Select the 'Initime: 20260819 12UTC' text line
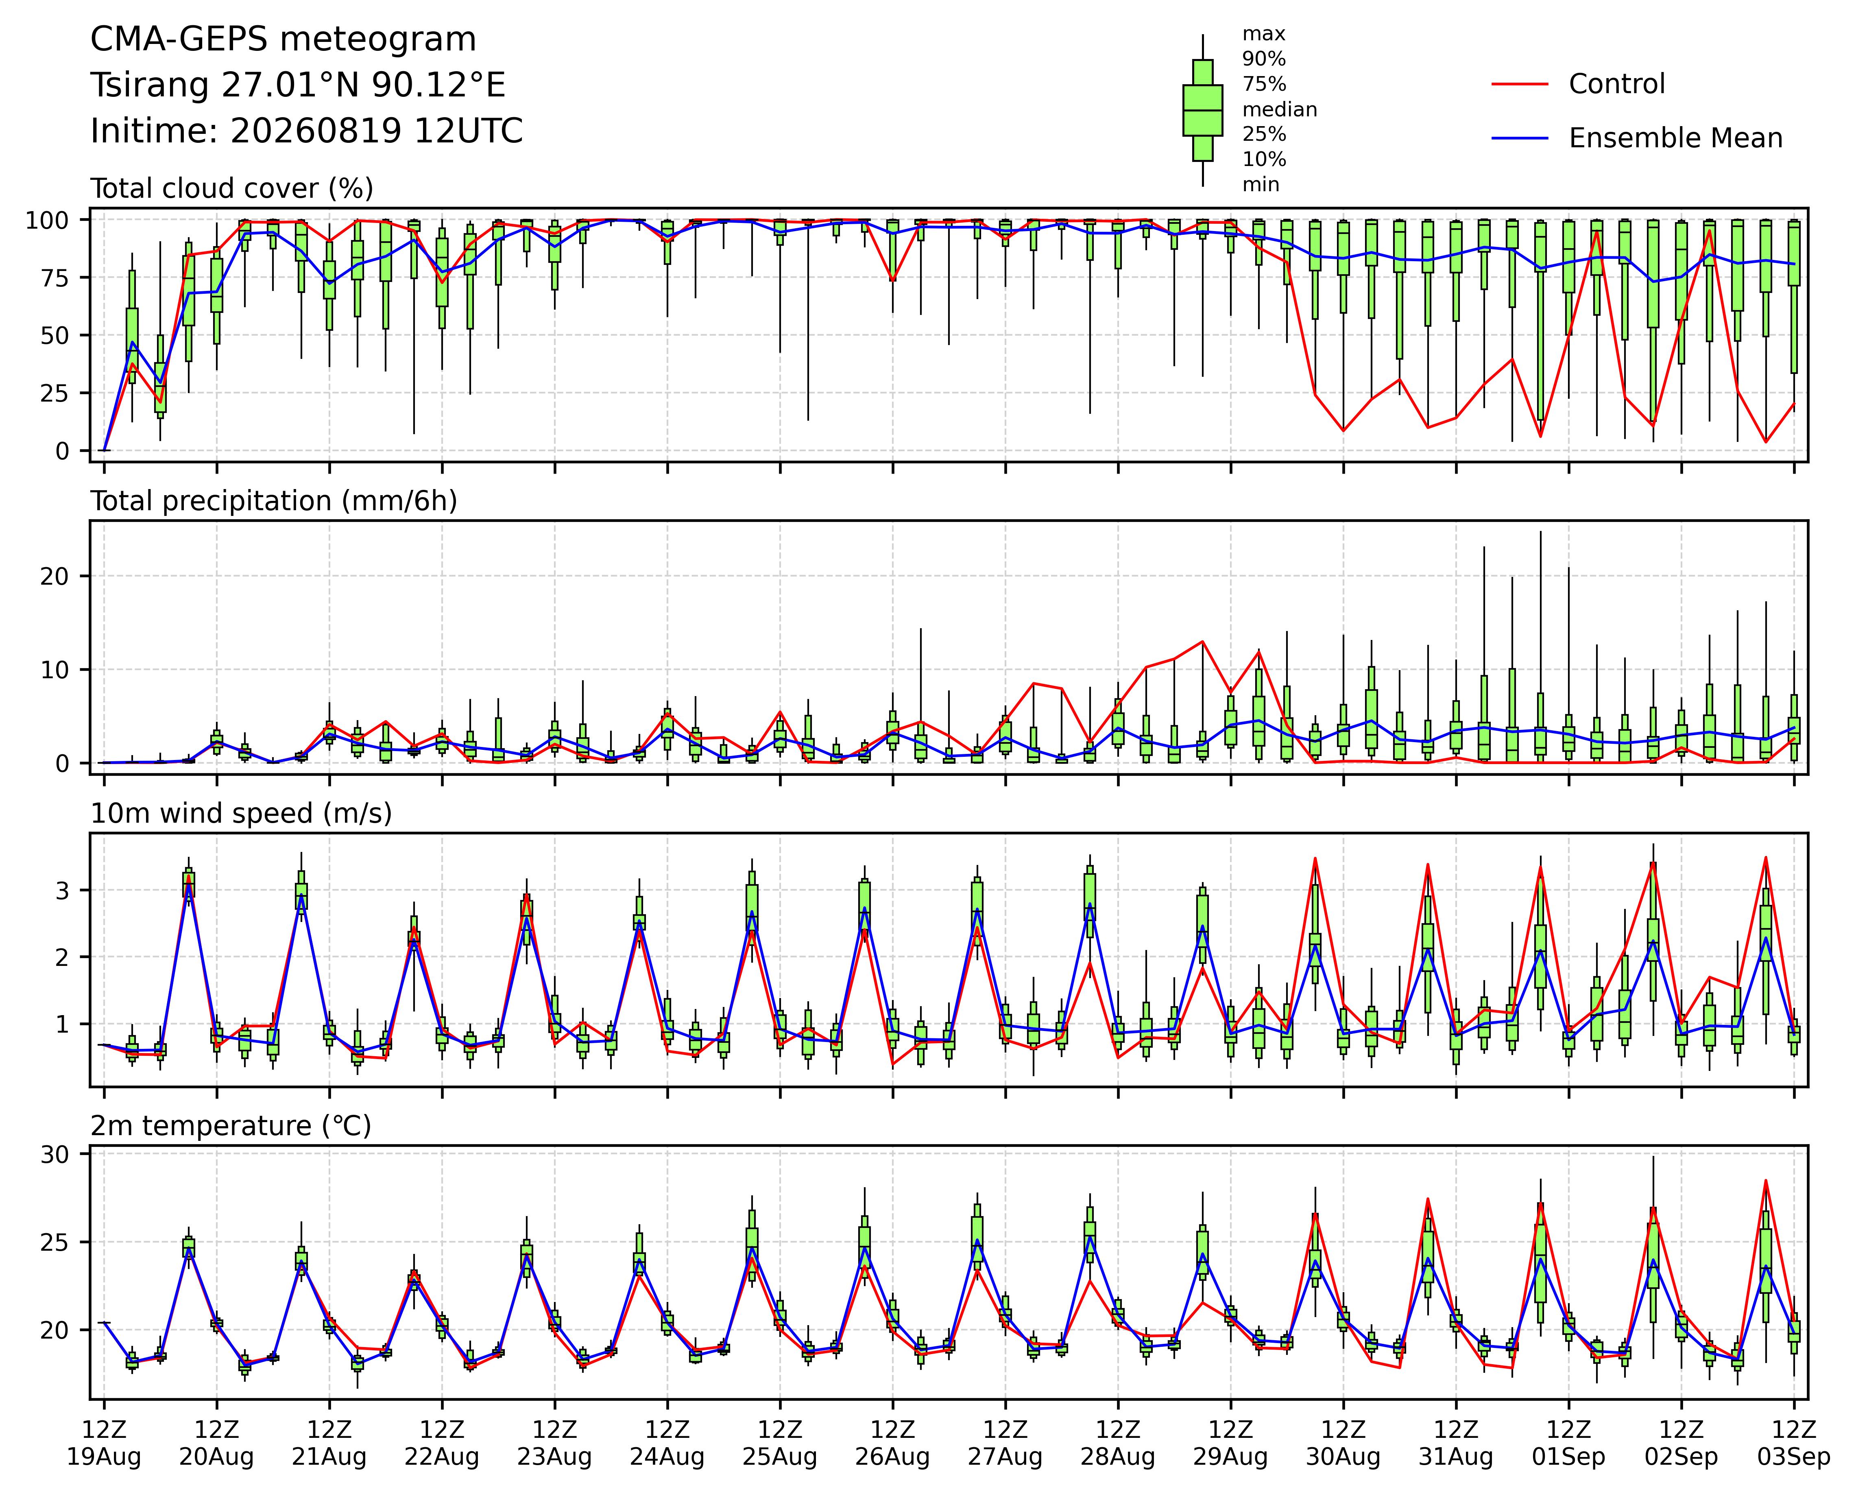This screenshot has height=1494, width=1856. [306, 132]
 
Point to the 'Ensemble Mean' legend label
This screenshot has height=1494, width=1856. [1675, 139]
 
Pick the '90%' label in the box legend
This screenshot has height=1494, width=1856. [1264, 59]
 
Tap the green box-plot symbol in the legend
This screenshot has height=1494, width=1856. [1203, 110]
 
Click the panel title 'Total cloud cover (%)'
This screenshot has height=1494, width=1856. [231, 188]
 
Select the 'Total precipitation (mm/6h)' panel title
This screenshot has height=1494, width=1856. [274, 501]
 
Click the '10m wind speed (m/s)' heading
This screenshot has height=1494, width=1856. [241, 814]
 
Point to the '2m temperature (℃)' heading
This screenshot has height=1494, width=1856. [231, 1126]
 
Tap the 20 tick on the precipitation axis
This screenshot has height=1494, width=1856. [53, 576]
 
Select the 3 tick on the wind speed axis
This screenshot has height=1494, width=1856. [62, 890]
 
